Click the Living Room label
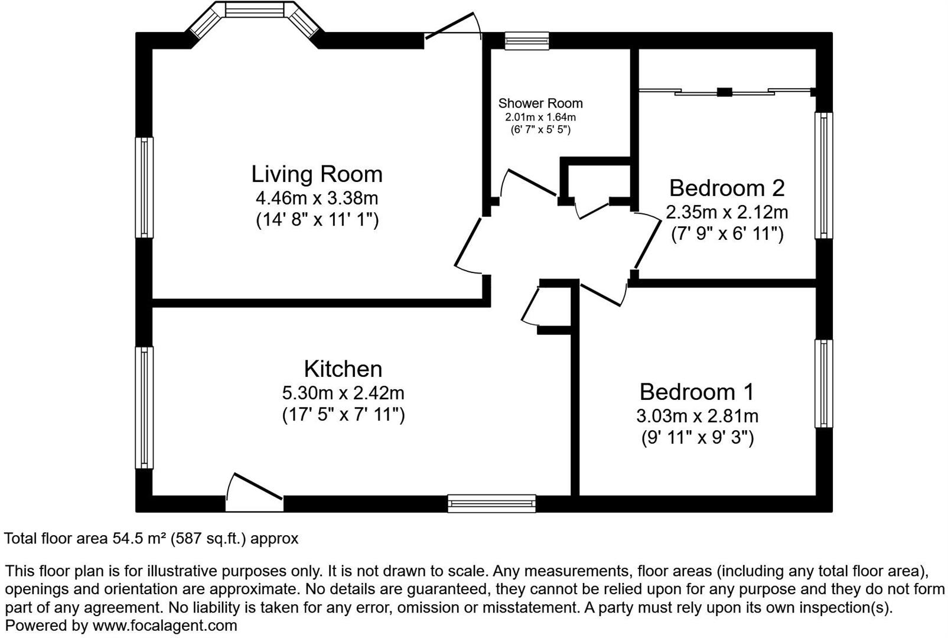317,174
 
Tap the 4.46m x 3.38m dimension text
317,197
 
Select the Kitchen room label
343,369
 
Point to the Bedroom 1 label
696,392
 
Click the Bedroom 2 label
727,188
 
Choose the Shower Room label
540,103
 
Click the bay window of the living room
254,12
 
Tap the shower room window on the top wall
526,41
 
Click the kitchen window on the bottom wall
491,503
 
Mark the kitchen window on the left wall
144,408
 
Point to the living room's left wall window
144,188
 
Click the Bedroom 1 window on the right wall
823,383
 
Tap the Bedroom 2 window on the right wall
823,175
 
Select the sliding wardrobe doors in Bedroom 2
725,92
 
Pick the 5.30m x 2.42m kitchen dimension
343,392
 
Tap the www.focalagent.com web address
165,626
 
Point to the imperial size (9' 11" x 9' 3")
697,438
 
